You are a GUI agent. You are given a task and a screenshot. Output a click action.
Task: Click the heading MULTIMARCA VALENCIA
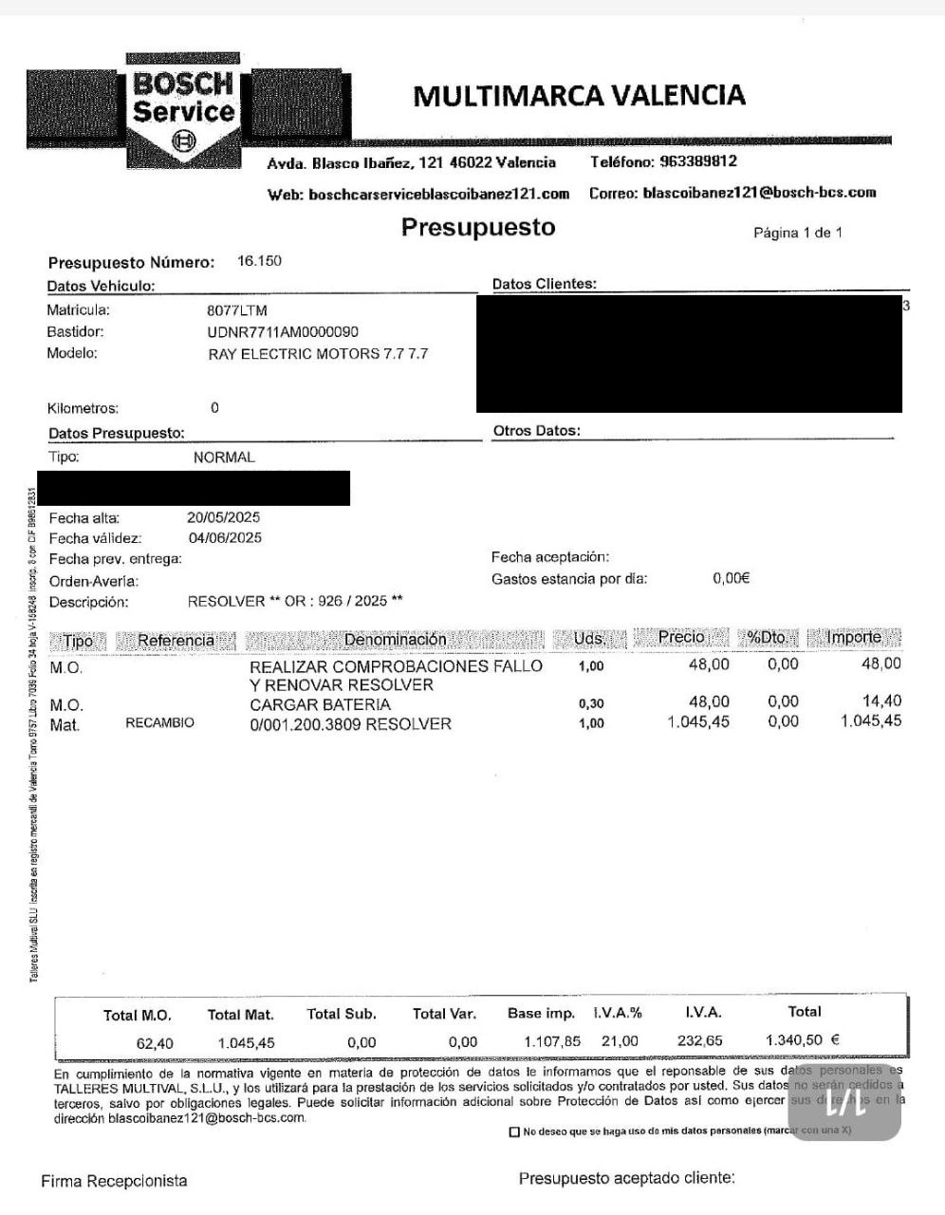pyautogui.click(x=579, y=96)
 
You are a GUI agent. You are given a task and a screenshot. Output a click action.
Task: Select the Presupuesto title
pyautogui.click(x=478, y=227)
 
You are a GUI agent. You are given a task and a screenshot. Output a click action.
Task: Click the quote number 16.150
pyautogui.click(x=259, y=261)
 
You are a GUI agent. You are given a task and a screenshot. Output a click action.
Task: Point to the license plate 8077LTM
pyautogui.click(x=237, y=310)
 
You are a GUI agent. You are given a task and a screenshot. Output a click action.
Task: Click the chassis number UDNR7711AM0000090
pyautogui.click(x=283, y=332)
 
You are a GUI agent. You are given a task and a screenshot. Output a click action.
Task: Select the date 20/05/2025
pyautogui.click(x=224, y=517)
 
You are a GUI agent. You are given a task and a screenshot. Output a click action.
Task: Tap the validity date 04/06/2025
pyautogui.click(x=225, y=537)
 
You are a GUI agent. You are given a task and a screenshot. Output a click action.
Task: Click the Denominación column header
pyautogui.click(x=395, y=640)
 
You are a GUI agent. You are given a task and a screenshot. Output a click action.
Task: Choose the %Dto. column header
pyautogui.click(x=767, y=638)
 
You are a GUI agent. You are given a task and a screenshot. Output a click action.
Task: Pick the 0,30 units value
pyautogui.click(x=590, y=703)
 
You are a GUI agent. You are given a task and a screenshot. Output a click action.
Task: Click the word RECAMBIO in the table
pyautogui.click(x=159, y=723)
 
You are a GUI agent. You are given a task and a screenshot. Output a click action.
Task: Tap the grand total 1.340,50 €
pyautogui.click(x=802, y=1040)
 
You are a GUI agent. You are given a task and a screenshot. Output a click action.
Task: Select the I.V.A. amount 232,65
pyautogui.click(x=700, y=1040)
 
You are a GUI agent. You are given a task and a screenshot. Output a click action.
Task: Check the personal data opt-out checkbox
pyautogui.click(x=514, y=1131)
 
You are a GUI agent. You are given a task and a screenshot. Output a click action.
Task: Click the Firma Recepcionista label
pyautogui.click(x=114, y=1181)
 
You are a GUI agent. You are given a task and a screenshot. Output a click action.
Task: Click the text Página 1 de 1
pyautogui.click(x=798, y=233)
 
